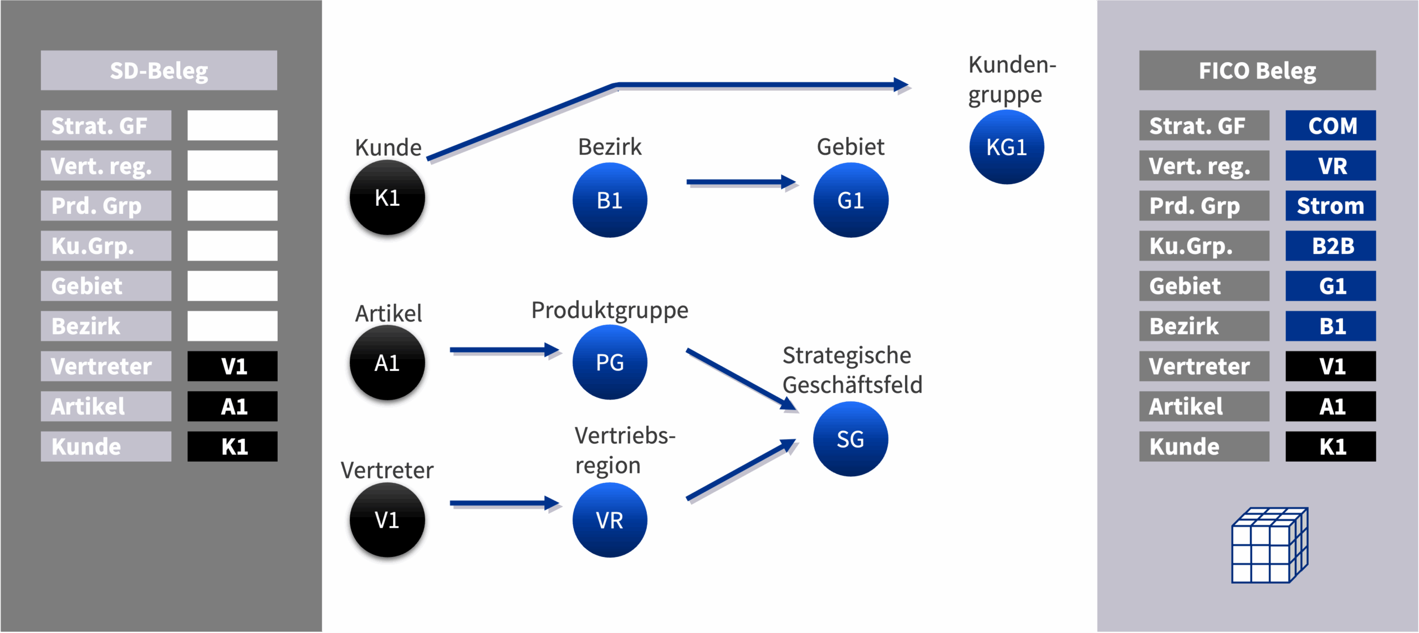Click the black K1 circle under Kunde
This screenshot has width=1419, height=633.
point(387,198)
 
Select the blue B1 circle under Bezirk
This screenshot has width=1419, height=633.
point(610,200)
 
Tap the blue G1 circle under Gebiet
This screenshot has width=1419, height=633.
point(851,200)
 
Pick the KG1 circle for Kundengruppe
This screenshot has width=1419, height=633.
point(1007,147)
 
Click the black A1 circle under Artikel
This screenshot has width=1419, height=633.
point(387,363)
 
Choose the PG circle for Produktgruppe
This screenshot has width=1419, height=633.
point(610,363)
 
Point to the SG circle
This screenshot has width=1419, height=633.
point(850,439)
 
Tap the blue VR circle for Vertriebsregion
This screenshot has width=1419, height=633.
point(610,520)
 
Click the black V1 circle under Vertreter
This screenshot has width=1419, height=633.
point(387,520)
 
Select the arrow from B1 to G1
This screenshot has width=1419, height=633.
point(740,182)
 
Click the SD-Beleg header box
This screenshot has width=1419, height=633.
point(159,70)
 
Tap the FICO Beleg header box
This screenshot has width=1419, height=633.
point(1257,70)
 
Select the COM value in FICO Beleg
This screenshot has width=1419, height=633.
point(1330,126)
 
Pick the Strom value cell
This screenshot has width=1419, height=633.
point(1330,206)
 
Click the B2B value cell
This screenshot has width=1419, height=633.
point(1330,246)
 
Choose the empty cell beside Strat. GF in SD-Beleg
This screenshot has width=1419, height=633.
point(232,126)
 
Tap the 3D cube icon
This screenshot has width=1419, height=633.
point(1269,545)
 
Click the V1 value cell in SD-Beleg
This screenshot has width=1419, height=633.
point(232,366)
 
